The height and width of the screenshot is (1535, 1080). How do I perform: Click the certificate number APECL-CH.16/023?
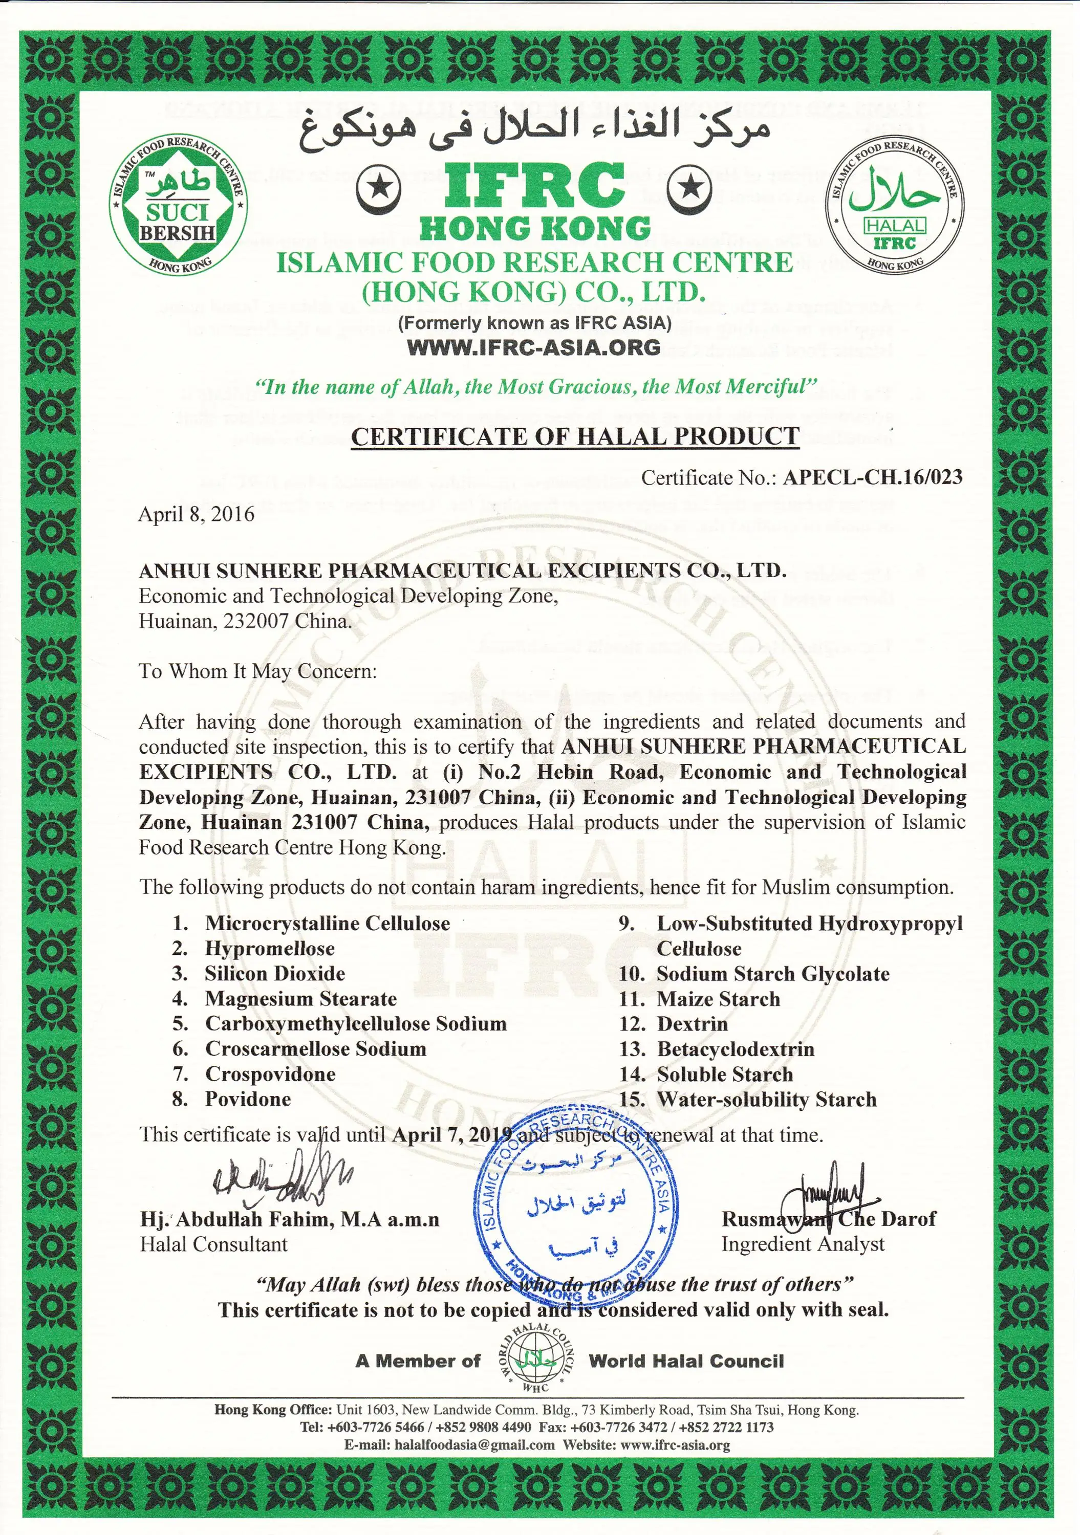(872, 477)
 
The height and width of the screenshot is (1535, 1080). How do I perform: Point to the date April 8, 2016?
(196, 514)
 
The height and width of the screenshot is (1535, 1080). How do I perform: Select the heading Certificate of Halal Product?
(575, 436)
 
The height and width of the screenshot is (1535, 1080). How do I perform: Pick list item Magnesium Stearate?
(300, 999)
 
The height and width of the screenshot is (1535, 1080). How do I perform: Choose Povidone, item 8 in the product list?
(247, 1099)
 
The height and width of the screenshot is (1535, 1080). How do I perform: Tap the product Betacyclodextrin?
(735, 1049)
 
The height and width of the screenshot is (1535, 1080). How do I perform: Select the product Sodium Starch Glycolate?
(772, 974)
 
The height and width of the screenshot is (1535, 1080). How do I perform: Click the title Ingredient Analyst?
(803, 1244)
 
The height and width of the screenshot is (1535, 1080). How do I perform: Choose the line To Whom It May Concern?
(257, 671)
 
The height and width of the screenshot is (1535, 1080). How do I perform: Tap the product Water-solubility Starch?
(766, 1099)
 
